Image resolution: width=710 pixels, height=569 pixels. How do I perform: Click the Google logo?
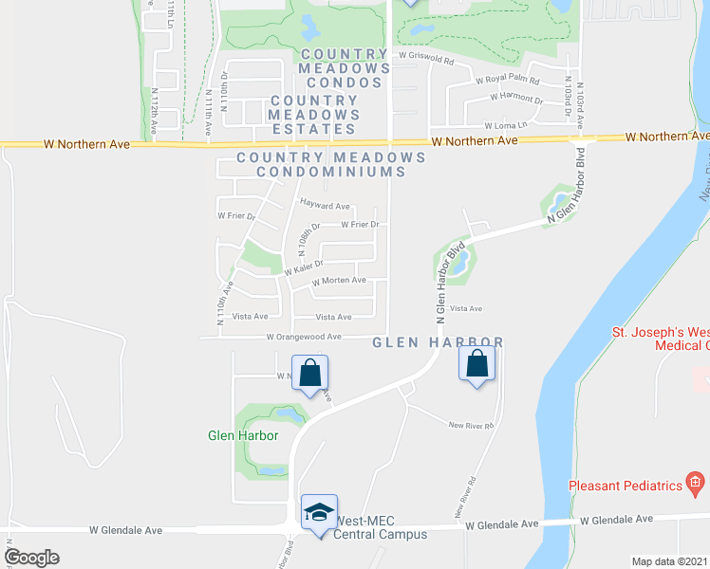(x=32, y=557)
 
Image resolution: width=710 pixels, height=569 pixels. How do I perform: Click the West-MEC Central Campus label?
(x=381, y=528)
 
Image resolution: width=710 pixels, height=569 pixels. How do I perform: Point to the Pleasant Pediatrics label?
(x=626, y=486)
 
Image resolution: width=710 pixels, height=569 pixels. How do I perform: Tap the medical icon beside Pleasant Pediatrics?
(x=696, y=485)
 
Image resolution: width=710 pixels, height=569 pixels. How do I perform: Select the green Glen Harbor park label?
(x=243, y=435)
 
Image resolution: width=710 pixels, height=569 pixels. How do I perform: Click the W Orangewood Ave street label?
(x=303, y=337)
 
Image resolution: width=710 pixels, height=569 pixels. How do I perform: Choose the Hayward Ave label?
(x=325, y=205)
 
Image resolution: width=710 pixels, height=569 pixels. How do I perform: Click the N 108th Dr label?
(x=305, y=242)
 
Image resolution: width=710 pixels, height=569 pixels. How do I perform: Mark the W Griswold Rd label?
(x=427, y=57)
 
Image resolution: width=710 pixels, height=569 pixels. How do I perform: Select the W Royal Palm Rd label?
(x=508, y=82)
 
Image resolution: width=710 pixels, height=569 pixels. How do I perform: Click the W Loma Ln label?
(x=505, y=125)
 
